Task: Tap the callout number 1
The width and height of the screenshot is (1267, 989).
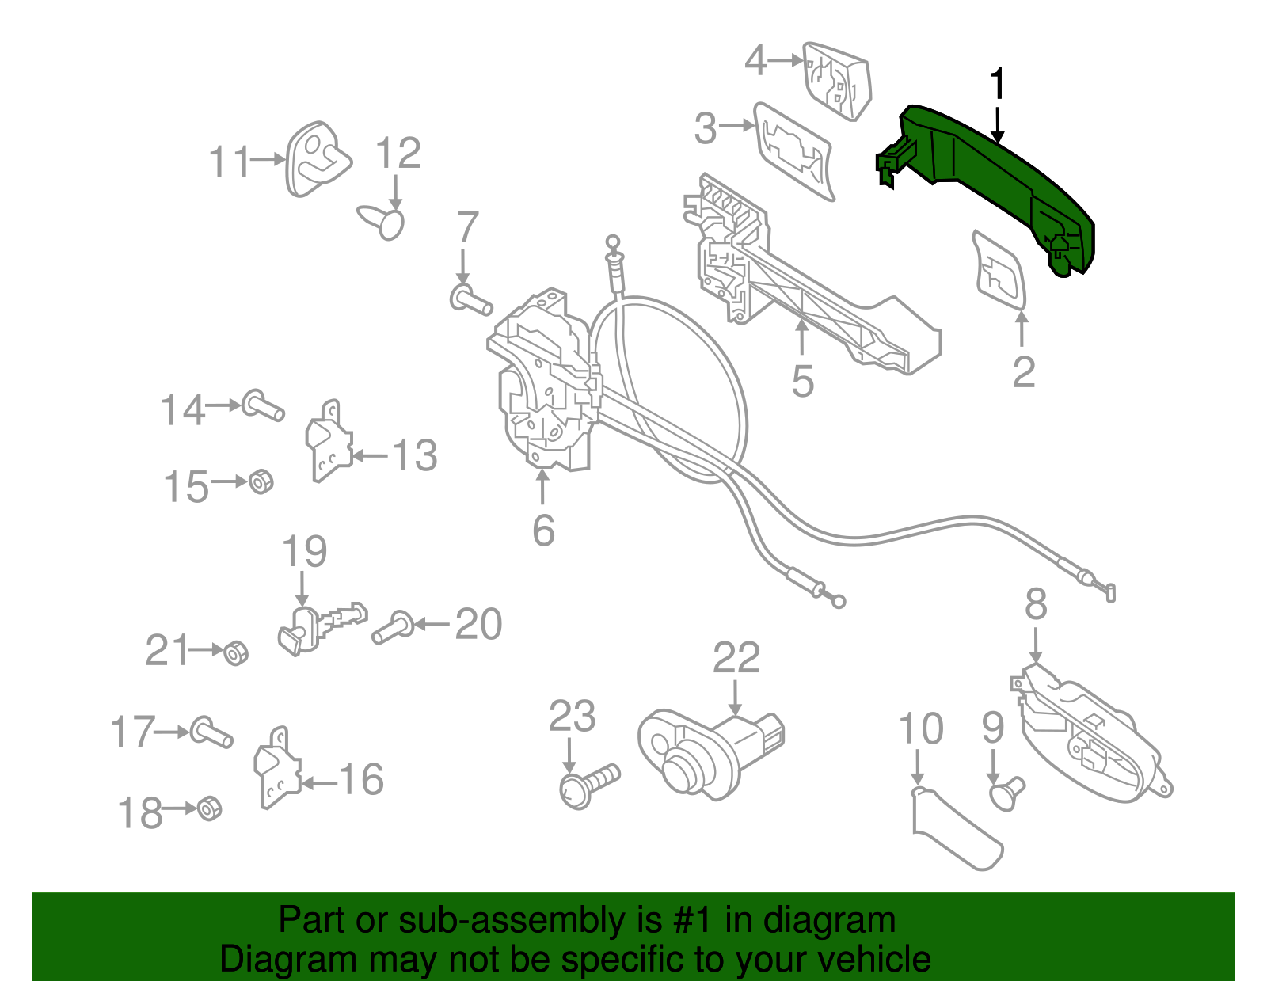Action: coord(998,84)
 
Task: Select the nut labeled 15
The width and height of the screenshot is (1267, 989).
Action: coord(261,481)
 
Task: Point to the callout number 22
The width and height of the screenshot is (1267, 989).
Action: coord(736,657)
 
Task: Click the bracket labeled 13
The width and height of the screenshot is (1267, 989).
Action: coord(328,442)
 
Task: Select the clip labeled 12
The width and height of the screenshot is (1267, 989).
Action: coord(383,219)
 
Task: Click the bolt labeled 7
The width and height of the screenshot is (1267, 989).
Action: coord(470,301)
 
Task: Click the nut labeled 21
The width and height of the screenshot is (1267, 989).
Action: coord(235,653)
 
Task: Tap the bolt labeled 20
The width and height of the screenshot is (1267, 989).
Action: coord(392,628)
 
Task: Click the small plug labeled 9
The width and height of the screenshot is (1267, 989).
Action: coord(1006,793)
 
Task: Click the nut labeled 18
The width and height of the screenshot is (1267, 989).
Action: coord(209,808)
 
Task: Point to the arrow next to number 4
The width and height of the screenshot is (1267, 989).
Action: coord(786,60)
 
